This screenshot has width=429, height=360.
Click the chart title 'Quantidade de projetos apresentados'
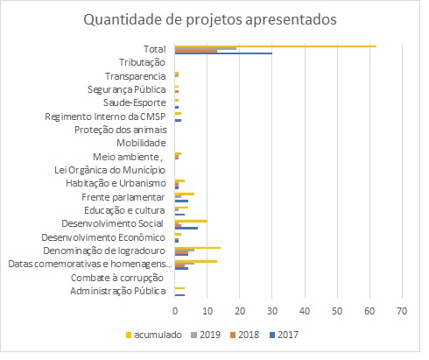[210, 20]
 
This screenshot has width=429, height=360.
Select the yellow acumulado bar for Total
[276, 46]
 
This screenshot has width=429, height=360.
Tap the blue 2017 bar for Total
[223, 53]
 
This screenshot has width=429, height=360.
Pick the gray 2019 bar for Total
[206, 48]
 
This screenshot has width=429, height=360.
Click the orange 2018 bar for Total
[196, 51]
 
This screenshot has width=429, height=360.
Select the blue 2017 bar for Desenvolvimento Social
[186, 228]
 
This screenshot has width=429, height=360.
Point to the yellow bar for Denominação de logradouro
[198, 248]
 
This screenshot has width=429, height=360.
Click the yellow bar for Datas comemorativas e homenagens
[196, 261]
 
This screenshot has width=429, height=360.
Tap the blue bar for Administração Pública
[179, 295]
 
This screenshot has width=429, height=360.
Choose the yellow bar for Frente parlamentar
[185, 194]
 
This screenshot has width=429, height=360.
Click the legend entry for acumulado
[154, 335]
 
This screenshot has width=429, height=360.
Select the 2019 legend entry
[206, 335]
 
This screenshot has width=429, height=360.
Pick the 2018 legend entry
[244, 335]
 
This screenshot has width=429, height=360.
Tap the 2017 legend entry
[284, 335]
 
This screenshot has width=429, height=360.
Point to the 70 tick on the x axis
[402, 311]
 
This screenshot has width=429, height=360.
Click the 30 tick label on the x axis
[272, 311]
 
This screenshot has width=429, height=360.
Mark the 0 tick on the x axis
[175, 311]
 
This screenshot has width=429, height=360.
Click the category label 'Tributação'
[142, 62]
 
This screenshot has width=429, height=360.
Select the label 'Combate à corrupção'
[117, 278]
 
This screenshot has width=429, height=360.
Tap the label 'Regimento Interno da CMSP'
[105, 116]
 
